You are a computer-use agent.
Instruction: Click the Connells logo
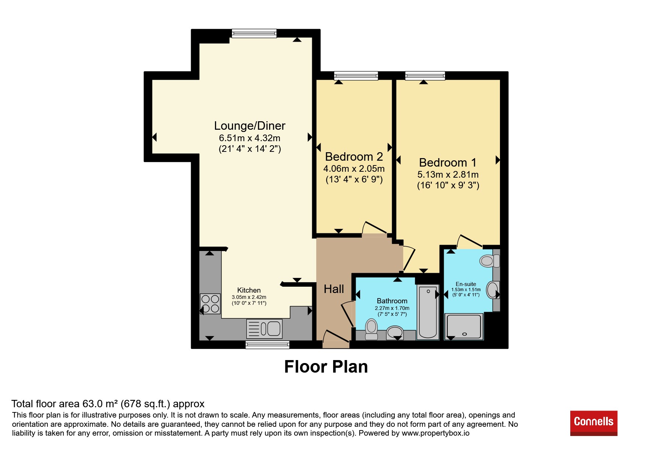pyautogui.click(x=593, y=423)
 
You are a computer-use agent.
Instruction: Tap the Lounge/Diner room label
pyautogui.click(x=250, y=126)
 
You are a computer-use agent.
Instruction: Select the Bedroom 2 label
pyautogui.click(x=354, y=157)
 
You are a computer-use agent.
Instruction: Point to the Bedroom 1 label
pyautogui.click(x=448, y=163)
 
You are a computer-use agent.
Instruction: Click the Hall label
pyautogui.click(x=334, y=289)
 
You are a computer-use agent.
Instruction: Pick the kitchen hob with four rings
pyautogui.click(x=210, y=304)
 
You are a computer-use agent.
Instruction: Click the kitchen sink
pyautogui.click(x=264, y=329)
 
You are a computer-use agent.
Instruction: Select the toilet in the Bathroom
pyautogui.click(x=371, y=329)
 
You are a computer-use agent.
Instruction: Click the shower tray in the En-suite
pyautogui.click(x=464, y=327)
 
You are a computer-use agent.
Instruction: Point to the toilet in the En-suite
pyautogui.click(x=490, y=261)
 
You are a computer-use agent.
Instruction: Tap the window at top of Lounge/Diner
pyautogui.click(x=254, y=34)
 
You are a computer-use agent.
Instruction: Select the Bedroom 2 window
pyautogui.click(x=356, y=76)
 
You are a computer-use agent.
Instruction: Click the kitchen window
pyautogui.click(x=267, y=345)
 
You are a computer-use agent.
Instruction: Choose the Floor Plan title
pyautogui.click(x=326, y=367)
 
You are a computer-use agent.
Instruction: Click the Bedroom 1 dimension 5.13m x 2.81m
pyautogui.click(x=448, y=175)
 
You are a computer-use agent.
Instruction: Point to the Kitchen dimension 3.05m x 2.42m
pyautogui.click(x=249, y=297)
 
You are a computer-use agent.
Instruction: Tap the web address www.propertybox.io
pyautogui.click(x=436, y=433)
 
